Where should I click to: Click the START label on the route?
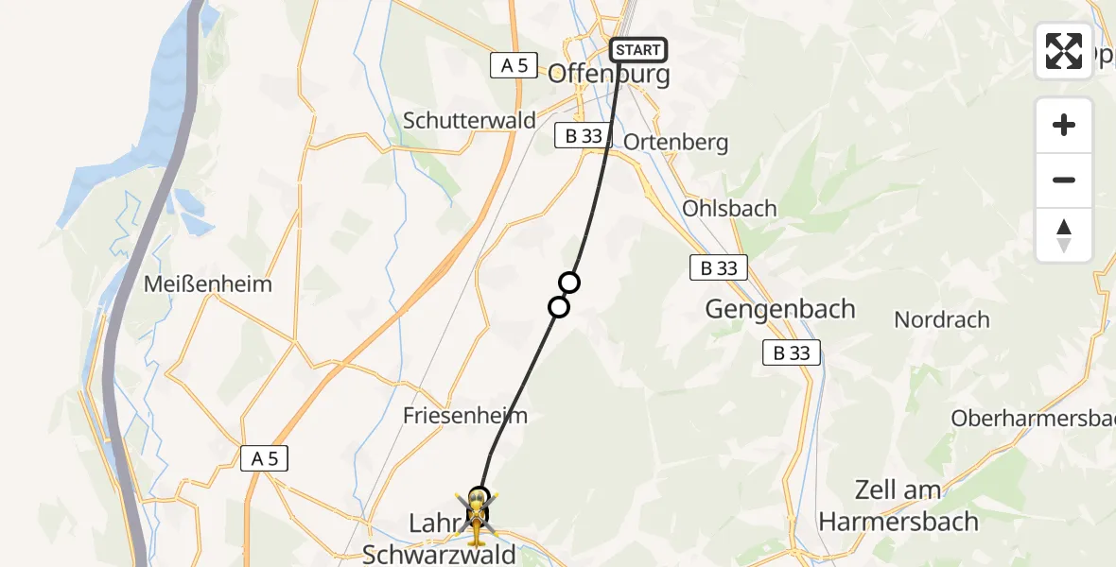tap(639, 50)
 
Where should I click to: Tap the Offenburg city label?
tap(608, 74)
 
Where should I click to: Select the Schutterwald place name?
tap(469, 121)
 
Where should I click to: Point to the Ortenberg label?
tap(676, 143)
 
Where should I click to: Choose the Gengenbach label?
tap(780, 309)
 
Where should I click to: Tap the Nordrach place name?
tap(942, 319)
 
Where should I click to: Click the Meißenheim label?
tap(208, 283)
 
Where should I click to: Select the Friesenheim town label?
tap(465, 416)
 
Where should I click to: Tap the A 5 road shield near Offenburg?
tap(514, 65)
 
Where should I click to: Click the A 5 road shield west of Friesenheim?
tap(264, 459)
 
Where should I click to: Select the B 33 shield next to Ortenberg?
tap(584, 136)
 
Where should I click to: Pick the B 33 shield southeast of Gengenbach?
tap(792, 353)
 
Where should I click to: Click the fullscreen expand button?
tap(1064, 51)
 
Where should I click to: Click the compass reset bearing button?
tap(1064, 235)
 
